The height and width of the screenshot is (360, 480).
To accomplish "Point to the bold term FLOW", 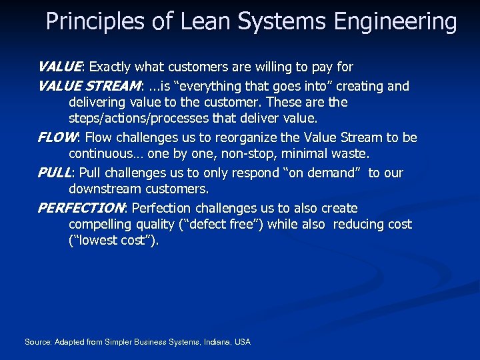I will click(57, 138).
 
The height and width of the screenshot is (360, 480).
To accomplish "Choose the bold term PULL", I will click(54, 173).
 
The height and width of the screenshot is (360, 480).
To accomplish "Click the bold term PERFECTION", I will click(81, 209).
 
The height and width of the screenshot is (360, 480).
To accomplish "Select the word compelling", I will click(101, 225).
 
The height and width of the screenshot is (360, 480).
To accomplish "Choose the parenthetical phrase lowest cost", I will click(114, 241).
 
